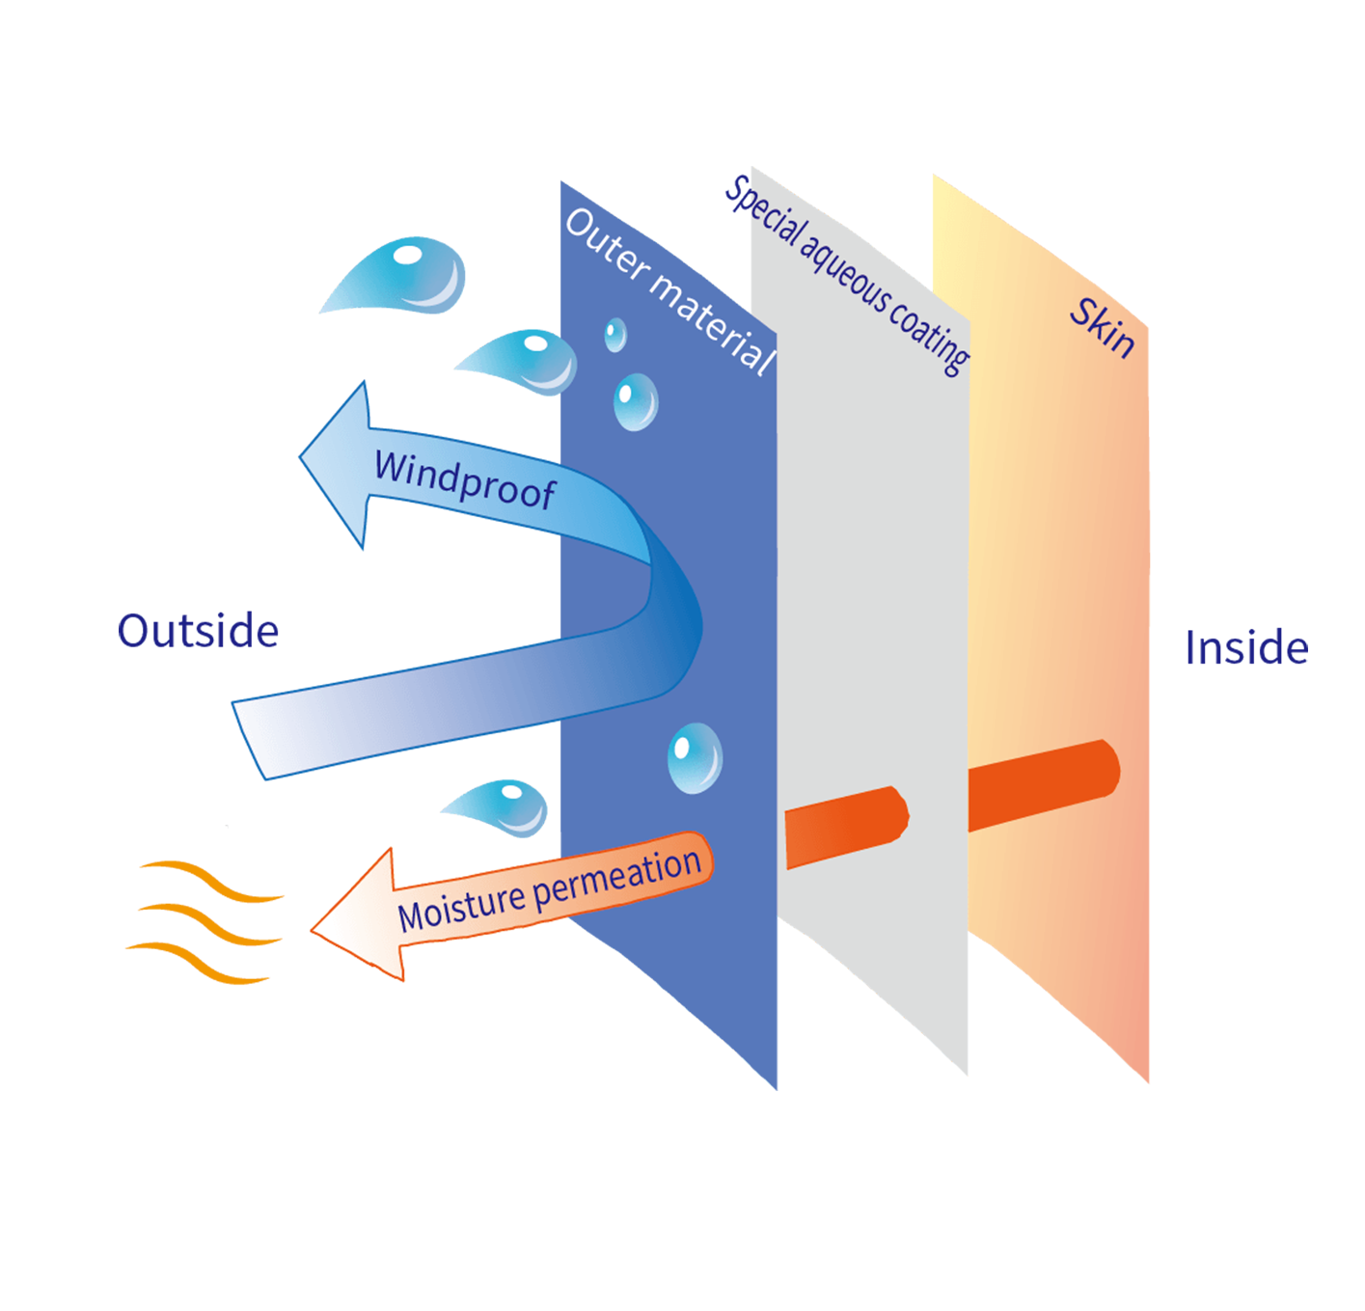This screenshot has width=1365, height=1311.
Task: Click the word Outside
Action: coord(198,631)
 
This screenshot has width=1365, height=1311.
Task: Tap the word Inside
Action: coord(1246,647)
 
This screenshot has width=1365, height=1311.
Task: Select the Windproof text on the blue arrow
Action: coord(464,478)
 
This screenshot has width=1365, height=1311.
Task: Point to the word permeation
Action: coord(616,876)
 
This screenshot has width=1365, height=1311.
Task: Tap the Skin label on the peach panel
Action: coord(1103,327)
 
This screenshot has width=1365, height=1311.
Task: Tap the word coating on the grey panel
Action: coord(930,337)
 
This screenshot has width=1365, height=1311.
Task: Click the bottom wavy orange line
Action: coord(198,963)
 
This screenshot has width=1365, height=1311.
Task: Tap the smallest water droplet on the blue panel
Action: coord(614,335)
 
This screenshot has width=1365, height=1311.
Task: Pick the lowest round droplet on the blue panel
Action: coord(694,758)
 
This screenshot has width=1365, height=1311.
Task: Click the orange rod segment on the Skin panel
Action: coord(1042,782)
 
